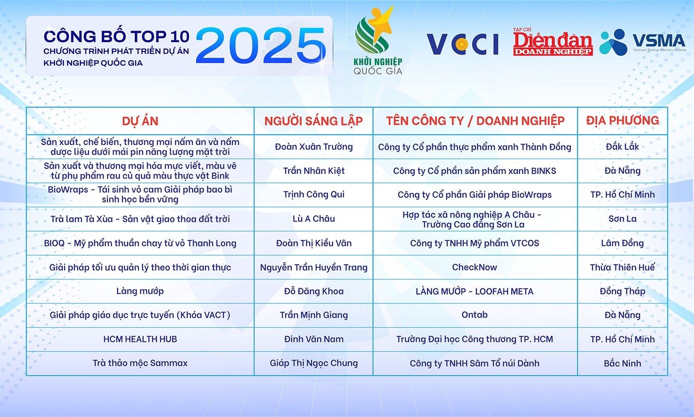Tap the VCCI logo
[462, 44]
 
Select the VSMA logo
[643, 42]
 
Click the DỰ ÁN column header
[140, 121]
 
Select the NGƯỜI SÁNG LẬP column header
[313, 121]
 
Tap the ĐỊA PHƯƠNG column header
[622, 121]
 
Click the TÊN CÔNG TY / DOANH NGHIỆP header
[475, 121]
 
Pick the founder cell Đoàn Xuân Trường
[314, 147]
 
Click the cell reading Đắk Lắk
[622, 147]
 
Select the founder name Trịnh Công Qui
[314, 195]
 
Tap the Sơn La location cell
[622, 219]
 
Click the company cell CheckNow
[475, 267]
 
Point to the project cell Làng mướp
[140, 291]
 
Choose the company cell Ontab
[475, 315]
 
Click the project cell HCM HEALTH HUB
[140, 339]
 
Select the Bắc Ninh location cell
[622, 363]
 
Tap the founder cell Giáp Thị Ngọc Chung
[314, 363]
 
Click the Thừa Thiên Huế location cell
[622, 267]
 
